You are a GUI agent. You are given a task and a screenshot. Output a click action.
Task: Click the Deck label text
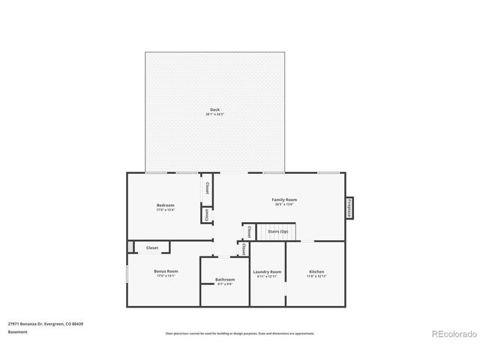pyautogui.click(x=214, y=109)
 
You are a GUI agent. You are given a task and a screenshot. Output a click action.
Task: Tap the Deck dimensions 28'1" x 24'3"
pyautogui.click(x=214, y=114)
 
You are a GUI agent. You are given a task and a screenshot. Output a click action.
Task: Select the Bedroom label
pyautogui.click(x=165, y=205)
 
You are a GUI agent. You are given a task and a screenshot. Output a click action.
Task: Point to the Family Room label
pyautogui.click(x=285, y=199)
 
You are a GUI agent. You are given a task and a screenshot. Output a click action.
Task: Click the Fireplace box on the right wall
pyautogui.click(x=349, y=208)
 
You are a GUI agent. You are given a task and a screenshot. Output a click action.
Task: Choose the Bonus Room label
pyautogui.click(x=166, y=271)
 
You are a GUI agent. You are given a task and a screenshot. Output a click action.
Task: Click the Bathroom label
pyautogui.click(x=225, y=280)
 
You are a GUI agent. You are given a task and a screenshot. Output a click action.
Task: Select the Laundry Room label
pyautogui.click(x=267, y=271)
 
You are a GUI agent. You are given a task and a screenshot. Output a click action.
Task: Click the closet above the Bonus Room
pyautogui.click(x=151, y=247)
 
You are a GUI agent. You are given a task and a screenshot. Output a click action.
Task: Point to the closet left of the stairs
pyautogui.click(x=248, y=231)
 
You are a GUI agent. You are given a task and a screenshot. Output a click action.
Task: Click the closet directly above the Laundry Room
pyautogui.click(x=244, y=250)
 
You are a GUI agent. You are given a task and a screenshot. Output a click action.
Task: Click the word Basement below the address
pyautogui.click(x=17, y=331)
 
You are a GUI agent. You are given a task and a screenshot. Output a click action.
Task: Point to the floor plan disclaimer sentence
pyautogui.click(x=240, y=333)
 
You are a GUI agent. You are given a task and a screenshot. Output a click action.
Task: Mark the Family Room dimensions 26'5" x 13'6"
pyautogui.click(x=285, y=204)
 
